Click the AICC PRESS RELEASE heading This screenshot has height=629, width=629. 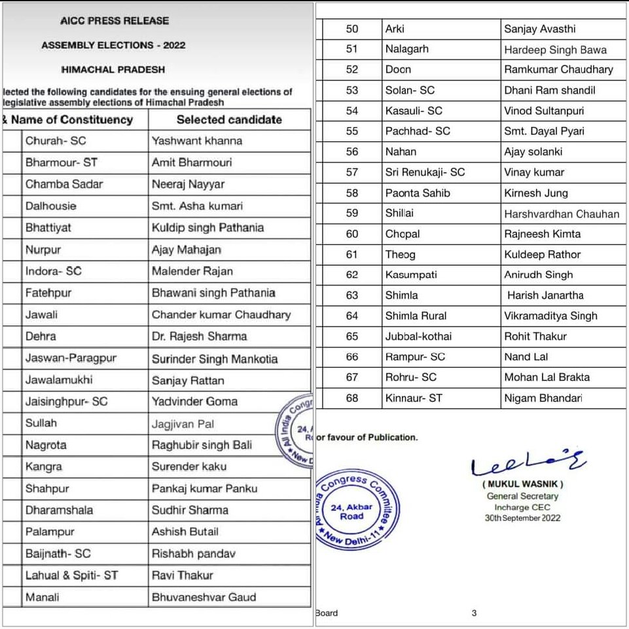coord(114,21)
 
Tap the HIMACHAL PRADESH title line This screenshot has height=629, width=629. coord(113,69)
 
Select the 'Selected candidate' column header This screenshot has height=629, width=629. coord(229,120)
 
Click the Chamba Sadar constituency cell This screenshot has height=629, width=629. coord(64,185)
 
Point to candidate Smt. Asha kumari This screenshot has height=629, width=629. coord(197,206)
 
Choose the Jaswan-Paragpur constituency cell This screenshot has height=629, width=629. coord(73,359)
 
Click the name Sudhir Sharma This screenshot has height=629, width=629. coord(190,510)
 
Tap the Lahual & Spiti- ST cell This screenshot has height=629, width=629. coord(71,575)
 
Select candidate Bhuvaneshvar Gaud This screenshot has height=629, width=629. coord(204,597)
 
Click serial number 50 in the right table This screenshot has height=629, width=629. coord(352,29)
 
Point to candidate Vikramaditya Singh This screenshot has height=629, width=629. coord(550,315)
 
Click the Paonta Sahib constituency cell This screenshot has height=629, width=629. coord(418,193)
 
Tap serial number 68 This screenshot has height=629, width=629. coord(352,398)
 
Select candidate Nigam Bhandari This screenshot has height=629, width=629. coord(543,398)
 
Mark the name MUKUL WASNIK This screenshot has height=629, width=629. coord(522,484)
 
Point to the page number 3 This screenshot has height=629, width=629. coord(474,613)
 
